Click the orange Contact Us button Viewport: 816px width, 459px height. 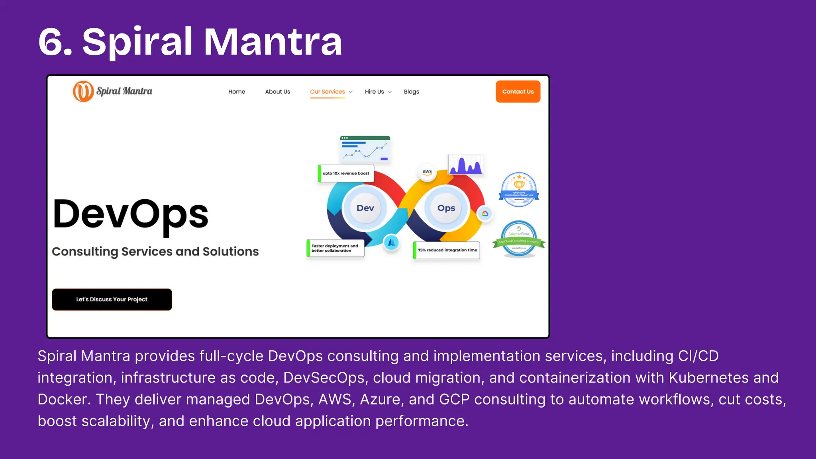click(518, 92)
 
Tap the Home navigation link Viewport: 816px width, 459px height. click(237, 92)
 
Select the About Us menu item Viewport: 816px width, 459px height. click(278, 92)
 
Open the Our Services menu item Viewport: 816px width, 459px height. click(328, 92)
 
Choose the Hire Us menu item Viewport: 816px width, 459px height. click(375, 92)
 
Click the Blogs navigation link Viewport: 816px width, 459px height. click(411, 92)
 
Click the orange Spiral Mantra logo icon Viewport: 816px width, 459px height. click(83, 91)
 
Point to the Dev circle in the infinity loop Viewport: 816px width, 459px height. click(365, 208)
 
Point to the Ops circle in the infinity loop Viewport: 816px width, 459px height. click(446, 208)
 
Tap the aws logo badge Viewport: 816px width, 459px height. click(427, 172)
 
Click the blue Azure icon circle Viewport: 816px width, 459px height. click(391, 242)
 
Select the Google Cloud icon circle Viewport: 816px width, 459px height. click(485, 214)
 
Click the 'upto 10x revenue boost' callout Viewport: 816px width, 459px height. click(345, 173)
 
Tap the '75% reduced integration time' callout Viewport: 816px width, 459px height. click(447, 250)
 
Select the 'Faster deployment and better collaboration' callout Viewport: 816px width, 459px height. click(335, 248)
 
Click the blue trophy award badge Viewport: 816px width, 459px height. click(519, 189)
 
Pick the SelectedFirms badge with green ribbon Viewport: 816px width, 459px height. click(519, 239)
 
